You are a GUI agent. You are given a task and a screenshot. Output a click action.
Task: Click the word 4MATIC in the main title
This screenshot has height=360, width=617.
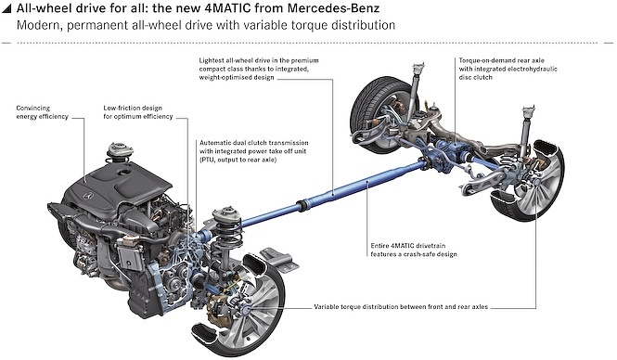tap(229, 7)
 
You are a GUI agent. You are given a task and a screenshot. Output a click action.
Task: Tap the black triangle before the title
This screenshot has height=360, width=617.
tap(7, 9)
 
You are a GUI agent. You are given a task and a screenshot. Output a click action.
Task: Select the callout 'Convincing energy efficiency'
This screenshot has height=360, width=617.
tap(42, 112)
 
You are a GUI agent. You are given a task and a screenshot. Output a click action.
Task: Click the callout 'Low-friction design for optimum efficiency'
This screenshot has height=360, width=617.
tap(138, 112)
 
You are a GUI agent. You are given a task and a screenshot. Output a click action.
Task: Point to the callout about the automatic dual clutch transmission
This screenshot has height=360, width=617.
tap(254, 151)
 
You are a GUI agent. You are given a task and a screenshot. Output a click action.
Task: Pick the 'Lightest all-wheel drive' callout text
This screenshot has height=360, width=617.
tap(259, 69)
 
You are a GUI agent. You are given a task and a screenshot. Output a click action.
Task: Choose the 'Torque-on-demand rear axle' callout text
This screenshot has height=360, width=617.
tap(508, 69)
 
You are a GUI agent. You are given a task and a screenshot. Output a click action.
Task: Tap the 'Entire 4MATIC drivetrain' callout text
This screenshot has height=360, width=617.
tap(414, 250)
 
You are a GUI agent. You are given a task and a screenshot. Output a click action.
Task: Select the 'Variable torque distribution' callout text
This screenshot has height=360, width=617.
tap(401, 306)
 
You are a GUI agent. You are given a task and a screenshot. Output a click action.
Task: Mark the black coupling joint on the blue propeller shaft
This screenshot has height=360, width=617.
tap(302, 206)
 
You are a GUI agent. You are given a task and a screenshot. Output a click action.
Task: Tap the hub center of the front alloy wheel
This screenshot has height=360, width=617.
tap(246, 309)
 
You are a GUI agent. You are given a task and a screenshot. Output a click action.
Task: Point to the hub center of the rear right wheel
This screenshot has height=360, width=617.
tap(536, 182)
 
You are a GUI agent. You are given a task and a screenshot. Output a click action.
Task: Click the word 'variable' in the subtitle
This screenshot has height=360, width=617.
tap(265, 25)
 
